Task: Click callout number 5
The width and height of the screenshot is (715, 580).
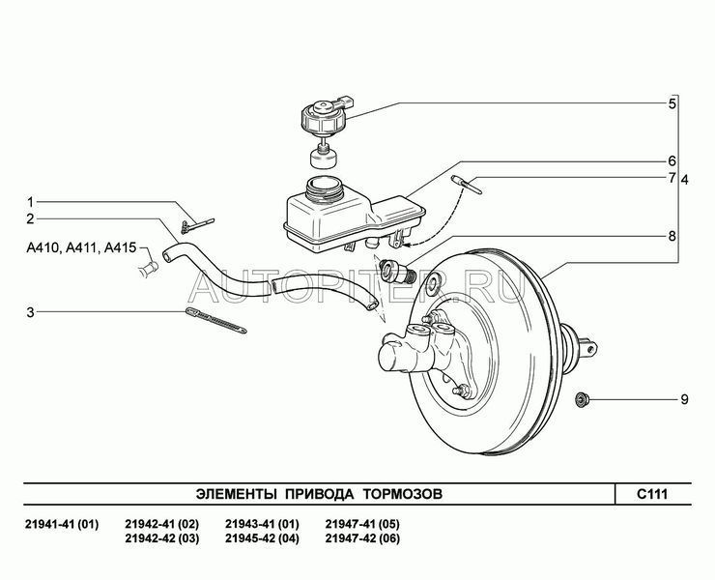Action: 672,103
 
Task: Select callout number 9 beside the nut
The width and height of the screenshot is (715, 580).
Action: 684,400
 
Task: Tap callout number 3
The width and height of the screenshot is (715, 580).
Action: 30,312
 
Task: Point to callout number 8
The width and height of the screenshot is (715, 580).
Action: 672,237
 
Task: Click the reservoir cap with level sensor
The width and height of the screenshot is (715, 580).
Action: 326,114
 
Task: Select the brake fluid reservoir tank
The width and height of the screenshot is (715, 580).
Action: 354,216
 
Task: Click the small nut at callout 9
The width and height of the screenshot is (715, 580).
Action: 582,400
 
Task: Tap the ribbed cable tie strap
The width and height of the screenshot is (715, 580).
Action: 216,320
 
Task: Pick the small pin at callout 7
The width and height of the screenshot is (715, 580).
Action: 466,185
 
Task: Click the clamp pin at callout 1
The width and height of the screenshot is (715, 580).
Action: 197,225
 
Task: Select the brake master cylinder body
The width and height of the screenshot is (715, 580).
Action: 419,349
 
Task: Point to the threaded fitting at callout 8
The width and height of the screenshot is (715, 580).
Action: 397,270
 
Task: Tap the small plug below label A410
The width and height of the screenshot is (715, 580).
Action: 149,269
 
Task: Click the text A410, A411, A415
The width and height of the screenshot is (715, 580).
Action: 81,247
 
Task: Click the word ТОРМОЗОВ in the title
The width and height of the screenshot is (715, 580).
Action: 402,494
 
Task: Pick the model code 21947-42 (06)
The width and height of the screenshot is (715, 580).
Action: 362,538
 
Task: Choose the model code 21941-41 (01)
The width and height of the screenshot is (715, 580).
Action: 62,524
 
